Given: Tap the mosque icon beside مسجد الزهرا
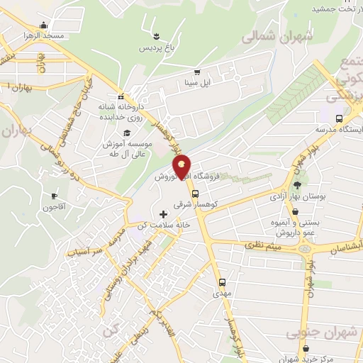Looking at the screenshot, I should point(45,25).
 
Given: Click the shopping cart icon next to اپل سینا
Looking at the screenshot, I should point(196,72).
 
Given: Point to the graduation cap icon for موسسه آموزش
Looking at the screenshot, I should point(127,133).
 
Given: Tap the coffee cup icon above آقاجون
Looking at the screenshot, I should point(54,196).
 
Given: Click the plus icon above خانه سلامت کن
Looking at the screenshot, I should point(164,213).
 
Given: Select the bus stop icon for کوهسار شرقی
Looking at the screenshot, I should point(195,193).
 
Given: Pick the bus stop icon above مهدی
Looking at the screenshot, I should point(222,281).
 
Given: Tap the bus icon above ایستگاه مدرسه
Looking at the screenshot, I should point(339,119).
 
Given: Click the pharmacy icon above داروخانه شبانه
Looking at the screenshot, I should point(121,96).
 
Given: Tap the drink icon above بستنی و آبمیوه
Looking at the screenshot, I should point(294,211).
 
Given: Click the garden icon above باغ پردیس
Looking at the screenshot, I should point(156,33).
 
